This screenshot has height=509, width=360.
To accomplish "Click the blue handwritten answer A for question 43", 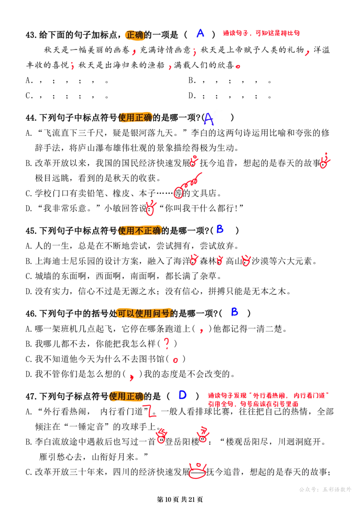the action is coord(200,33).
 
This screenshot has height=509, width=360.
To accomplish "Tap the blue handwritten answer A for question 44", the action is coord(209,119).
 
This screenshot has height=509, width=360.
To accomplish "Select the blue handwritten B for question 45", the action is coord(220,229).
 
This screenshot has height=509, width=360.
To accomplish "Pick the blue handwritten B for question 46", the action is coord(234,312).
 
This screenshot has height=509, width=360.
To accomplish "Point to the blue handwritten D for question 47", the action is coord(183,395).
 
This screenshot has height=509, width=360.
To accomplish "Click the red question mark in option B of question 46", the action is coord(166,343).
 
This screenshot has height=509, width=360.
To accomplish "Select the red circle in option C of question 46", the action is coord(175,360).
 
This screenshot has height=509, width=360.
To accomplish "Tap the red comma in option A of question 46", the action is coord(202,330).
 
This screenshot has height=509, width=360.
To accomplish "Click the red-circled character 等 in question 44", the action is coord(178,193).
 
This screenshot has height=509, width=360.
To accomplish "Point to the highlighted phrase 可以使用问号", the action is coord(143,313).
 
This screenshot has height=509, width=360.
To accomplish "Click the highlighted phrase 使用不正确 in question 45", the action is coord(139,230).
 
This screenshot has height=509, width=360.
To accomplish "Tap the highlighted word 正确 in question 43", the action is coord(135,34).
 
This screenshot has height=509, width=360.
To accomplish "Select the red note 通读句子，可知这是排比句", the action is coord(261,33).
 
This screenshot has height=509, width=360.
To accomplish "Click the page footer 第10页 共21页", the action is coord(180,500).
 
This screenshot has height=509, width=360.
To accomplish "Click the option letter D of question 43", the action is coord(192,96).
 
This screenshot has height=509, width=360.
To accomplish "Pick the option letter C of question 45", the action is coord(28,276).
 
